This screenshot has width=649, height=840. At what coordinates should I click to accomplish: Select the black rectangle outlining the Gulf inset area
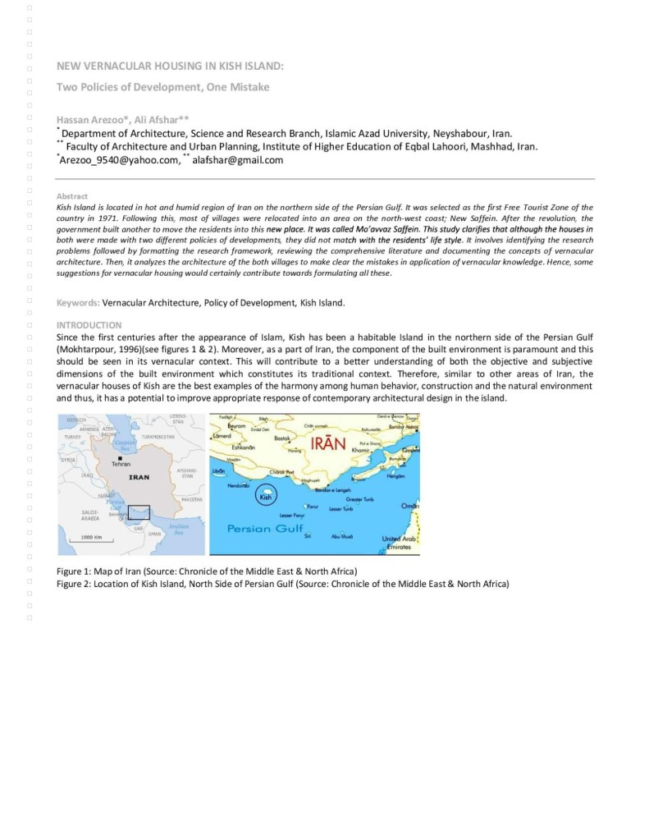coord(139,512)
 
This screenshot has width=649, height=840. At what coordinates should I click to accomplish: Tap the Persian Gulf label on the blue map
coord(265,528)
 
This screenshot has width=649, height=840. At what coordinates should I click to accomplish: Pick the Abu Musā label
coord(341,536)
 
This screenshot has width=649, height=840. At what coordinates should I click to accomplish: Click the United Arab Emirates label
coord(400,543)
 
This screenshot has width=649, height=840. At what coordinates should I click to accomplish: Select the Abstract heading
coord(72,196)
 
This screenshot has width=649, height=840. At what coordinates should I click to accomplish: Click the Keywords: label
coord(78,302)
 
